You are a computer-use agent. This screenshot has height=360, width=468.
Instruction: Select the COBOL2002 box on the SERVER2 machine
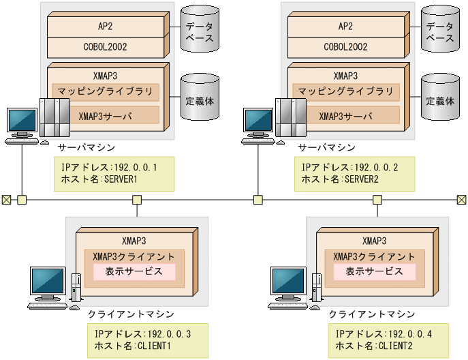click(x=347, y=47)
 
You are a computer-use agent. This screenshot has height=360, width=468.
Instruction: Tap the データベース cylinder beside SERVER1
click(x=200, y=30)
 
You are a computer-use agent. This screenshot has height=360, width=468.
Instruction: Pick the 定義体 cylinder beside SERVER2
click(x=440, y=100)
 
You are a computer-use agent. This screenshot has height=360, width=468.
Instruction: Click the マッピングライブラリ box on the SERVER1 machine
click(x=106, y=92)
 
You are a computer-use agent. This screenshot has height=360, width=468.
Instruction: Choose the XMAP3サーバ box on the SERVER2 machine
click(x=346, y=115)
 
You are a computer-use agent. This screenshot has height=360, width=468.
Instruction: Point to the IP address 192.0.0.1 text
click(x=108, y=167)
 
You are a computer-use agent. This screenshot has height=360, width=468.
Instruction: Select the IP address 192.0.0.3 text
click(x=142, y=333)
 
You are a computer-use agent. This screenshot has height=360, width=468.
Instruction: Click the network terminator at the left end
click(x=6, y=200)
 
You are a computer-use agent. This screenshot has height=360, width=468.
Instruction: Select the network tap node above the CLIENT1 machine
click(x=137, y=200)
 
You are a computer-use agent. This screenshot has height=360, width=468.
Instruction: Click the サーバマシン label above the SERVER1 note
click(x=86, y=147)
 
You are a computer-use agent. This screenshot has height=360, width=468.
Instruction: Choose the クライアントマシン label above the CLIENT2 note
click(x=371, y=314)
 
